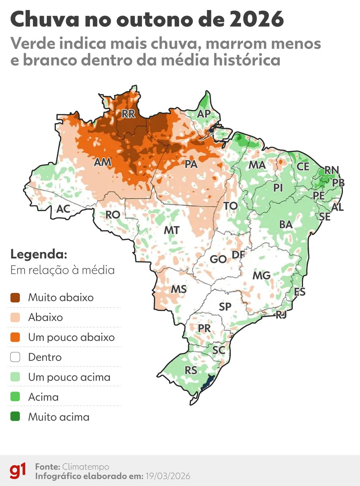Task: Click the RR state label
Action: pyautogui.click(x=128, y=114)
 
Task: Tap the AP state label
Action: pyautogui.click(x=204, y=114)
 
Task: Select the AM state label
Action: pyautogui.click(x=102, y=162)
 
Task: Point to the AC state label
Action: pyautogui.click(x=63, y=209)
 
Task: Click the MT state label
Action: pyautogui.click(x=171, y=230)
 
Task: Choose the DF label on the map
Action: pyautogui.click(x=238, y=255)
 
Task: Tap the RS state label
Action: pyautogui.click(x=191, y=370)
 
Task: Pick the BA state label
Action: pyautogui.click(x=286, y=224)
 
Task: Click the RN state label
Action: pyautogui.click(x=331, y=170)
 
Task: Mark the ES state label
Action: pyautogui.click(x=300, y=291)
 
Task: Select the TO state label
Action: pyautogui.click(x=230, y=206)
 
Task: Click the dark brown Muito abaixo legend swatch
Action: pyautogui.click(x=15, y=298)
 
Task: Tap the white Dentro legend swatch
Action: pyautogui.click(x=15, y=357)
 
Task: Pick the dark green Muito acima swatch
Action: pyautogui.click(x=15, y=417)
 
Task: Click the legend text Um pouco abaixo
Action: pyautogui.click(x=71, y=337)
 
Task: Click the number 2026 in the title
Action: pyautogui.click(x=256, y=19)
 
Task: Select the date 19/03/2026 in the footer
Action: pyautogui.click(x=168, y=476)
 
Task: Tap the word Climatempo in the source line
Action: pyautogui.click(x=86, y=467)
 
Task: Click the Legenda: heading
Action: pyautogui.click(x=39, y=254)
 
